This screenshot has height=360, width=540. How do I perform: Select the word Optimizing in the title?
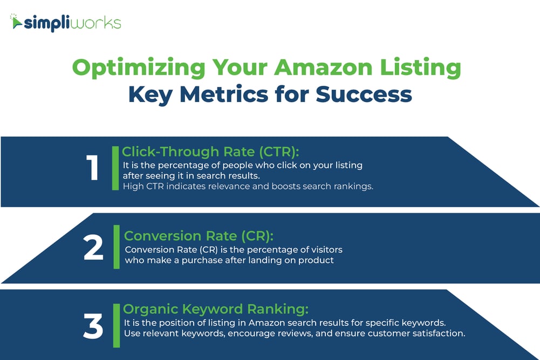[138, 68]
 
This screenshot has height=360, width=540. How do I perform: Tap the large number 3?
[93, 327]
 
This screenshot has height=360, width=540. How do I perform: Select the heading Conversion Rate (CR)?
[199, 236]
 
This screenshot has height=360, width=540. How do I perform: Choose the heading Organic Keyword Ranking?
[216, 309]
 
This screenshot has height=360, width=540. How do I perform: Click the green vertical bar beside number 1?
[115, 168]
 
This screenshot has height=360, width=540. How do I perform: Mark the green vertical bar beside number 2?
[117, 247]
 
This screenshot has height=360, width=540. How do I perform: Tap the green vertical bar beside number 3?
[116, 325]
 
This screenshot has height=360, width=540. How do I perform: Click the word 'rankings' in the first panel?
[354, 187]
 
